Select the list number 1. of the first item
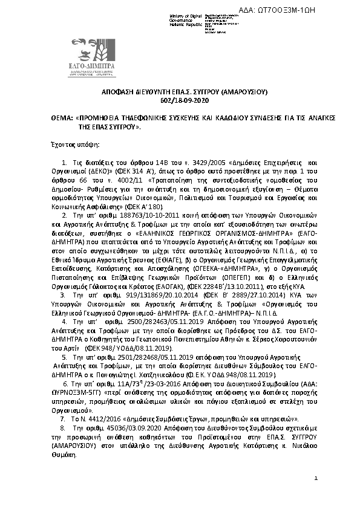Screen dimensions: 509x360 [x=65, y=163]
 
